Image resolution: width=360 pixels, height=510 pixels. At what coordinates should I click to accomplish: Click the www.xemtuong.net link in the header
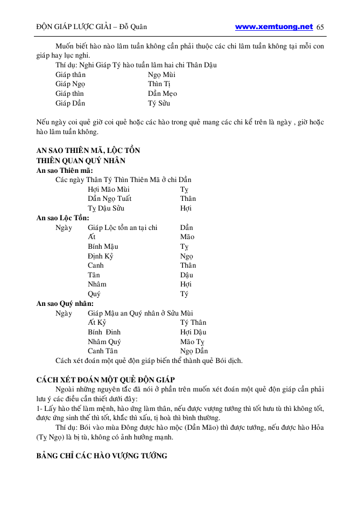tap(274, 26)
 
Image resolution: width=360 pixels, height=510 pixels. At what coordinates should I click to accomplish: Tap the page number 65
tap(321, 27)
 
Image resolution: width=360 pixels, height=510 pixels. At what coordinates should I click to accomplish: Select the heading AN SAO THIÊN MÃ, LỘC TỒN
tap(88, 151)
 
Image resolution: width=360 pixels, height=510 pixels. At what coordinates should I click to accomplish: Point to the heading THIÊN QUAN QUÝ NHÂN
tap(84, 160)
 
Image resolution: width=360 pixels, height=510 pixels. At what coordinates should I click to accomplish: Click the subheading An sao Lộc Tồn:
tap(63, 218)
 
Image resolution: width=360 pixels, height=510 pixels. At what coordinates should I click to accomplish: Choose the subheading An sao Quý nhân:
tap(65, 304)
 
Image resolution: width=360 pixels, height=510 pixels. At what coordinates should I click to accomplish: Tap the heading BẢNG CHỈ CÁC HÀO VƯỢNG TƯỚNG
tap(102, 456)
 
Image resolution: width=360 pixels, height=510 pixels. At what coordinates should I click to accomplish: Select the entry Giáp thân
tap(70, 75)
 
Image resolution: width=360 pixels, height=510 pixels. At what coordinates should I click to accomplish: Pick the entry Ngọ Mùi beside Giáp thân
tap(161, 75)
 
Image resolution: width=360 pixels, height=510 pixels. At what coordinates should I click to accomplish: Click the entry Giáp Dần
tap(70, 103)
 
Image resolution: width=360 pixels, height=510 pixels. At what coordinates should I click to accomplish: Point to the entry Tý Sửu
tap(159, 103)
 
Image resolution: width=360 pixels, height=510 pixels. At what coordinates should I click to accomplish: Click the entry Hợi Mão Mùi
tap(109, 190)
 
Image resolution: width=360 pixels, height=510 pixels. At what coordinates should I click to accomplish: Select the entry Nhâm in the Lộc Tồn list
tap(97, 284)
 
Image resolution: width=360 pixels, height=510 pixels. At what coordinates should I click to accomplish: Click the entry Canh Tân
tap(103, 351)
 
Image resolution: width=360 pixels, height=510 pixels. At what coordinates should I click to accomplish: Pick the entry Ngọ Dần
tap(194, 351)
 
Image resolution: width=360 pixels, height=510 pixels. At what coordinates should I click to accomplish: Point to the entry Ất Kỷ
tap(97, 323)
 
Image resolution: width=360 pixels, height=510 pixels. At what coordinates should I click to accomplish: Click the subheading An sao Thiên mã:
tap(65, 170)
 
